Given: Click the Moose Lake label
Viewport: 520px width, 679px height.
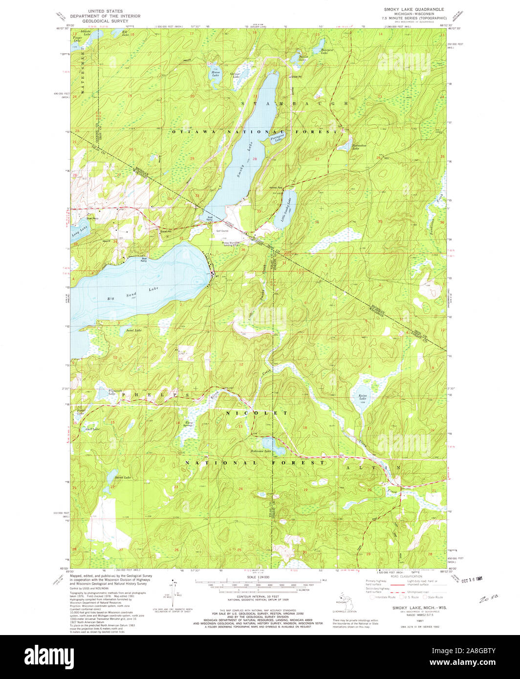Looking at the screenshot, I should pos(215,74).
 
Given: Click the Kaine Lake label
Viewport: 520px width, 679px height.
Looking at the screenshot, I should pos(363,398).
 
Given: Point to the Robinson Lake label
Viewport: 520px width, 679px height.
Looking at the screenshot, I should pos(261,451).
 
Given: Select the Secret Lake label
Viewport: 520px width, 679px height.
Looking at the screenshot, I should pos(122,477).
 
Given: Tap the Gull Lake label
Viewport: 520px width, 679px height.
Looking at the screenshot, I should pos(92,429).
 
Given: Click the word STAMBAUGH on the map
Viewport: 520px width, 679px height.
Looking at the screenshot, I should pos(295,104).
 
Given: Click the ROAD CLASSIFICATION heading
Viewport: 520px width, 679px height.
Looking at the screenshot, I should pos(405,576).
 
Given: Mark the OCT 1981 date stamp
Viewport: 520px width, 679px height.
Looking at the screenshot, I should pos(470,579).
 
